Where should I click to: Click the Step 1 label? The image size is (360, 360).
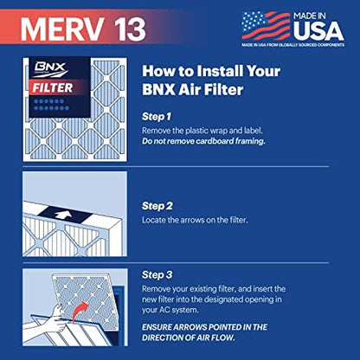[158, 116]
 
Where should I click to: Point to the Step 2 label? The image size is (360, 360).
[159, 207]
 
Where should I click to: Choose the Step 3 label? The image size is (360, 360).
[159, 274]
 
